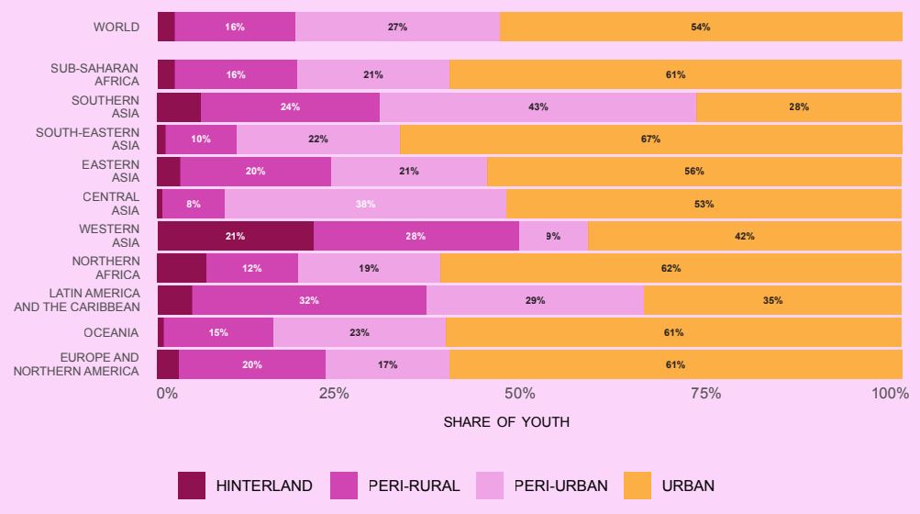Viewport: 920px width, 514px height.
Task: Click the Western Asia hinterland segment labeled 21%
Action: (235, 236)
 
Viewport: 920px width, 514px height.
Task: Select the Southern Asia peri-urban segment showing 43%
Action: (538, 106)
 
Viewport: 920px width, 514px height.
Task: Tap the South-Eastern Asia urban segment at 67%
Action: (650, 140)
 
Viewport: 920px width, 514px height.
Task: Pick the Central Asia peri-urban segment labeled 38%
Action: (365, 204)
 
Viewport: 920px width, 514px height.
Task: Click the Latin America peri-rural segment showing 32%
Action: (309, 300)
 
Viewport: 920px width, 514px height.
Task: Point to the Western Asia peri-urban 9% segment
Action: (553, 236)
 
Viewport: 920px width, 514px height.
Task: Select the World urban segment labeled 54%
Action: (701, 27)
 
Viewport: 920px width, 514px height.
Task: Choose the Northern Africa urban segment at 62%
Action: (671, 268)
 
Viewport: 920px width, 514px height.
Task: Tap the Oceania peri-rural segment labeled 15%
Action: (218, 332)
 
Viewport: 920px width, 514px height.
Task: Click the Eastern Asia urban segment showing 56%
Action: (694, 172)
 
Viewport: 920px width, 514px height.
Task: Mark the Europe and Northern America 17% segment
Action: (387, 364)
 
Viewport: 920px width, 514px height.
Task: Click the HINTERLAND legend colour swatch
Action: (192, 486)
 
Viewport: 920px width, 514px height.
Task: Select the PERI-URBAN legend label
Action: (559, 486)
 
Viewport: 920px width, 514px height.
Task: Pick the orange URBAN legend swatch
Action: (637, 486)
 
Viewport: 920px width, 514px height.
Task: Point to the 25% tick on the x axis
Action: (334, 394)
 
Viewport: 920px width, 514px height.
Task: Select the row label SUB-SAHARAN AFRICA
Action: (95, 74)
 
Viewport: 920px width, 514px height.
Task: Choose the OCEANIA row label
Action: (111, 332)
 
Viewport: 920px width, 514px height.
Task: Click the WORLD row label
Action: (116, 27)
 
